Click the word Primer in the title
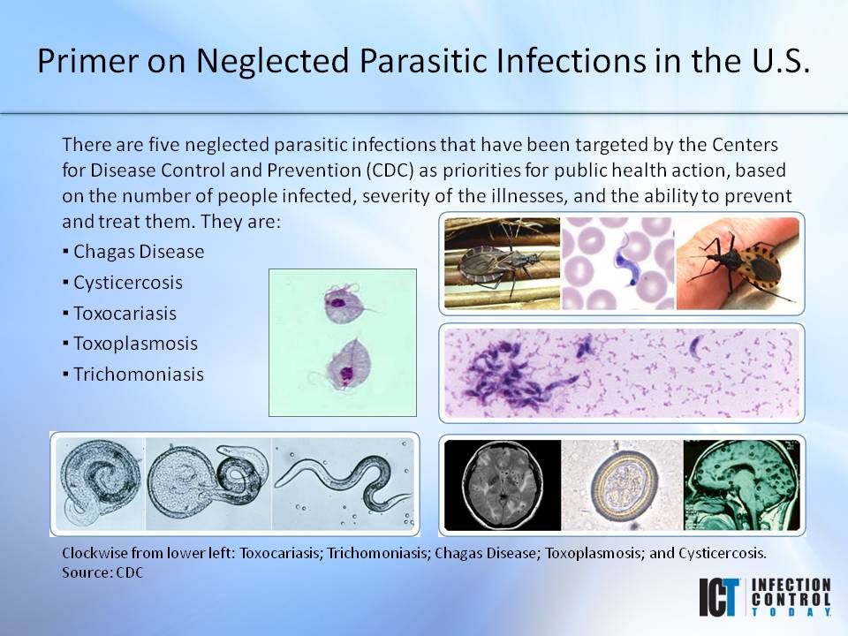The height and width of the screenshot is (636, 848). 88,60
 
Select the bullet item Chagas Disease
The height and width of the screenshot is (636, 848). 139,252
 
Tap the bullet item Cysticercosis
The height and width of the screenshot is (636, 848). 128,283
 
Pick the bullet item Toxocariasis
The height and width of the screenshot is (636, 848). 125,313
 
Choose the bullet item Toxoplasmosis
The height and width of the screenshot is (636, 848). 136,344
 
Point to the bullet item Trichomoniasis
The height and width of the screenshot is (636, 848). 139,375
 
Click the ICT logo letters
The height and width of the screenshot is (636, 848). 719,597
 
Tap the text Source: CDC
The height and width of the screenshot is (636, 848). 102,572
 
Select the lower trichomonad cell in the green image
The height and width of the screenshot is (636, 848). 344,363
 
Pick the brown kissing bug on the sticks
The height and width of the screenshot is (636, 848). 500,261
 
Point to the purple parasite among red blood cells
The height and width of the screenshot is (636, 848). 628,260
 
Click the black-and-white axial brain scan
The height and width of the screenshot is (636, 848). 503,484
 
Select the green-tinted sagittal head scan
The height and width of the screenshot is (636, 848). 741,484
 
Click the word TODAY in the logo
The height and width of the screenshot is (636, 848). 791,611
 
